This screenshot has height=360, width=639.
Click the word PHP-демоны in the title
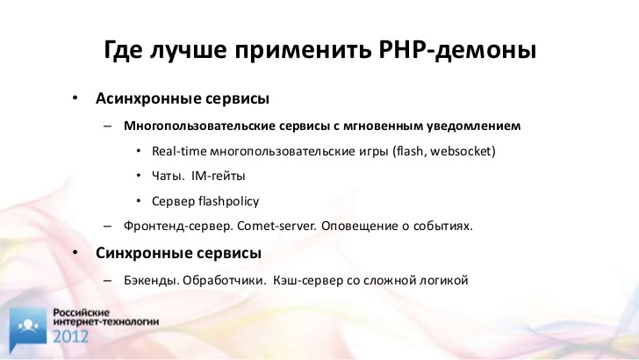coord(457,50)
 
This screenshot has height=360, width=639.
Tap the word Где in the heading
coord(123,50)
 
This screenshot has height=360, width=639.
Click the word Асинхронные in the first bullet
coord(148,98)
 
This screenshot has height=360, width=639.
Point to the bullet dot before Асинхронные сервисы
coord(75,97)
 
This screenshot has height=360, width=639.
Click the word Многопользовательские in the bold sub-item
coord(200,126)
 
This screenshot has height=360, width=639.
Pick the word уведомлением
coord(474,126)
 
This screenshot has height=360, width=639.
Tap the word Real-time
coord(179,151)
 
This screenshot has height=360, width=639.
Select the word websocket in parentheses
coord(461,151)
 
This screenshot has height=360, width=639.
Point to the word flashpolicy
coord(228,201)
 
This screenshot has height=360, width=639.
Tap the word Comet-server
coord(276,226)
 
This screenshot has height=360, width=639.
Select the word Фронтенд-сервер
coord(178,226)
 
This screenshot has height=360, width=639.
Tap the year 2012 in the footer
coord(70,337)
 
